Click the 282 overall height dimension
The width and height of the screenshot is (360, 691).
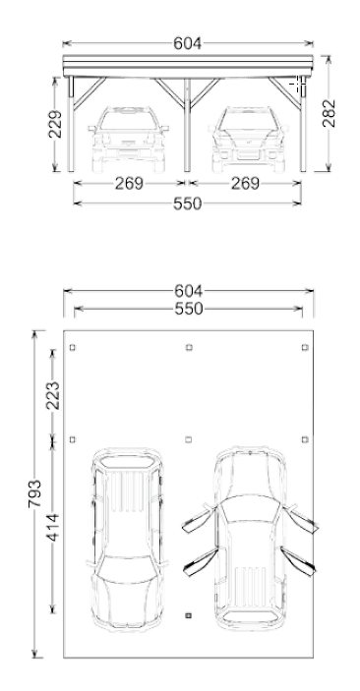[x=330, y=114]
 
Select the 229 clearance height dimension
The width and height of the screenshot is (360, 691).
[x=55, y=124]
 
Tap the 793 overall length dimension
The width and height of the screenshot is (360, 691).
[x=34, y=493]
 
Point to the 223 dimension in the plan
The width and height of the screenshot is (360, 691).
[x=53, y=396]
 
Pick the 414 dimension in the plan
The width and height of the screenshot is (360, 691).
[x=53, y=527]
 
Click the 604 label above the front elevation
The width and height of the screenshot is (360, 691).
[x=188, y=43]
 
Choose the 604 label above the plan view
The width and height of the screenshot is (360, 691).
[x=189, y=291]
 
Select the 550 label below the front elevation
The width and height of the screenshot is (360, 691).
[x=188, y=204]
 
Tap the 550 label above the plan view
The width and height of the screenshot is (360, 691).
[x=189, y=309]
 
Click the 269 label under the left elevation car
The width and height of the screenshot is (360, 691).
[x=129, y=184]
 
